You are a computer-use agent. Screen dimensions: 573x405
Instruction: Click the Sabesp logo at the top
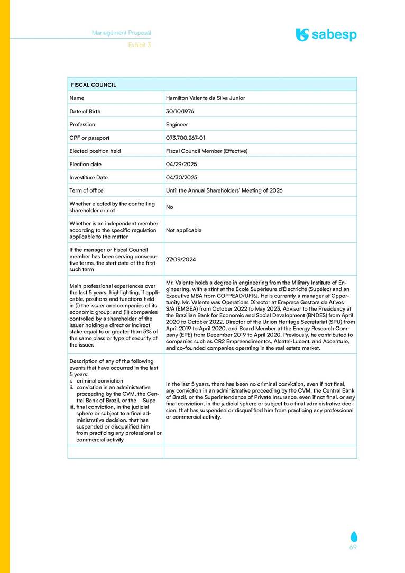(x=326, y=35)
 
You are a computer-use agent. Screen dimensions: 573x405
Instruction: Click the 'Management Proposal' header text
(x=121, y=33)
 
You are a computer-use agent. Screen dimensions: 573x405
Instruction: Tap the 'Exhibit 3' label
(x=140, y=45)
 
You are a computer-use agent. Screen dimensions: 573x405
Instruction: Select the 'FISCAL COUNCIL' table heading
(x=94, y=85)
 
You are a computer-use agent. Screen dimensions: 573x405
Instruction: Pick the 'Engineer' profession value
(x=177, y=124)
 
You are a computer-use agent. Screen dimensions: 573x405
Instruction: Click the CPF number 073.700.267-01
(x=186, y=138)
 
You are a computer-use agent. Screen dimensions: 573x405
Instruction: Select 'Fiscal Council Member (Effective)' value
(x=207, y=151)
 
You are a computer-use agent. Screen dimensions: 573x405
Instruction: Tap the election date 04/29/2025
(x=181, y=164)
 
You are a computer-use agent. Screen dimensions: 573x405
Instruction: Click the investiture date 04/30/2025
(x=181, y=177)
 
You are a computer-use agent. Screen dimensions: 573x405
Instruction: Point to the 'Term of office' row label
(x=86, y=190)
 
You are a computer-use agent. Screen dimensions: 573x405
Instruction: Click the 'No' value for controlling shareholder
(x=169, y=207)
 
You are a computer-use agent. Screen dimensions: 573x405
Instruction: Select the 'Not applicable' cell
(x=183, y=230)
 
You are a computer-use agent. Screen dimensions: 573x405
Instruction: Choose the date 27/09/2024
(x=181, y=260)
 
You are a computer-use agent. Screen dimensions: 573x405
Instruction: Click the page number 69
(x=353, y=547)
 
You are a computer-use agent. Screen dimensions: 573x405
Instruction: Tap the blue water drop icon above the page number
(x=353, y=536)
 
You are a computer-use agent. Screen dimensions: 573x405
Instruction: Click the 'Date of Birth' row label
(x=85, y=111)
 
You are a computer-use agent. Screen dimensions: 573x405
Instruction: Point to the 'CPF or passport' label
(x=89, y=138)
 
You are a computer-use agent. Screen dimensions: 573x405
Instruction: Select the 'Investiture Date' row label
(x=88, y=177)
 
